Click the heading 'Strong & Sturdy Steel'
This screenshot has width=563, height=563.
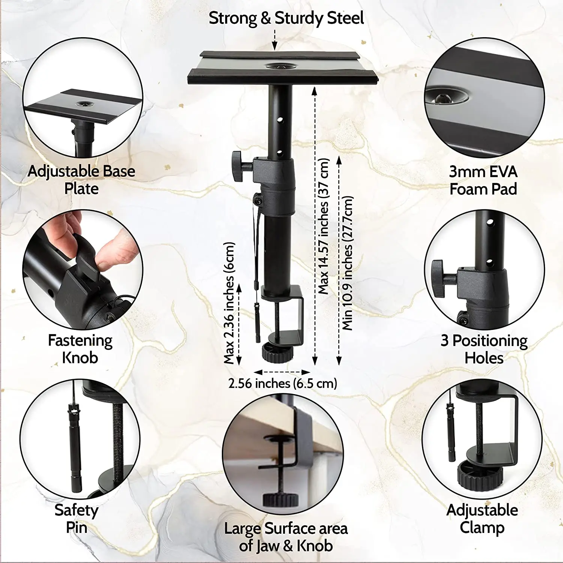[286, 18]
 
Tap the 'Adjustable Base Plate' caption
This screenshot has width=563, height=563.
[81, 180]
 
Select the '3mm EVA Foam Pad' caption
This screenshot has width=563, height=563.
[483, 180]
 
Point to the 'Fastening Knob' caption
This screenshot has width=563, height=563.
[80, 349]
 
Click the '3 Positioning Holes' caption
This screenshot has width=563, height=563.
[484, 349]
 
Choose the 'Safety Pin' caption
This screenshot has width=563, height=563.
[77, 519]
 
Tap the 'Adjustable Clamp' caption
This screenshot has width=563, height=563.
[482, 519]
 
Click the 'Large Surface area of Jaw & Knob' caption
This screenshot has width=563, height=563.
[286, 537]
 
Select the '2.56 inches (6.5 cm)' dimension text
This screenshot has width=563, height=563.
[283, 384]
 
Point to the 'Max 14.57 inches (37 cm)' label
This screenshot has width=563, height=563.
[324, 226]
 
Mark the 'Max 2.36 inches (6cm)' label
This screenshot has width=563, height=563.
[229, 303]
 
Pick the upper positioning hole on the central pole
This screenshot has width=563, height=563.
[280, 120]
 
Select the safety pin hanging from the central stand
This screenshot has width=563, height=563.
[257, 323]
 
